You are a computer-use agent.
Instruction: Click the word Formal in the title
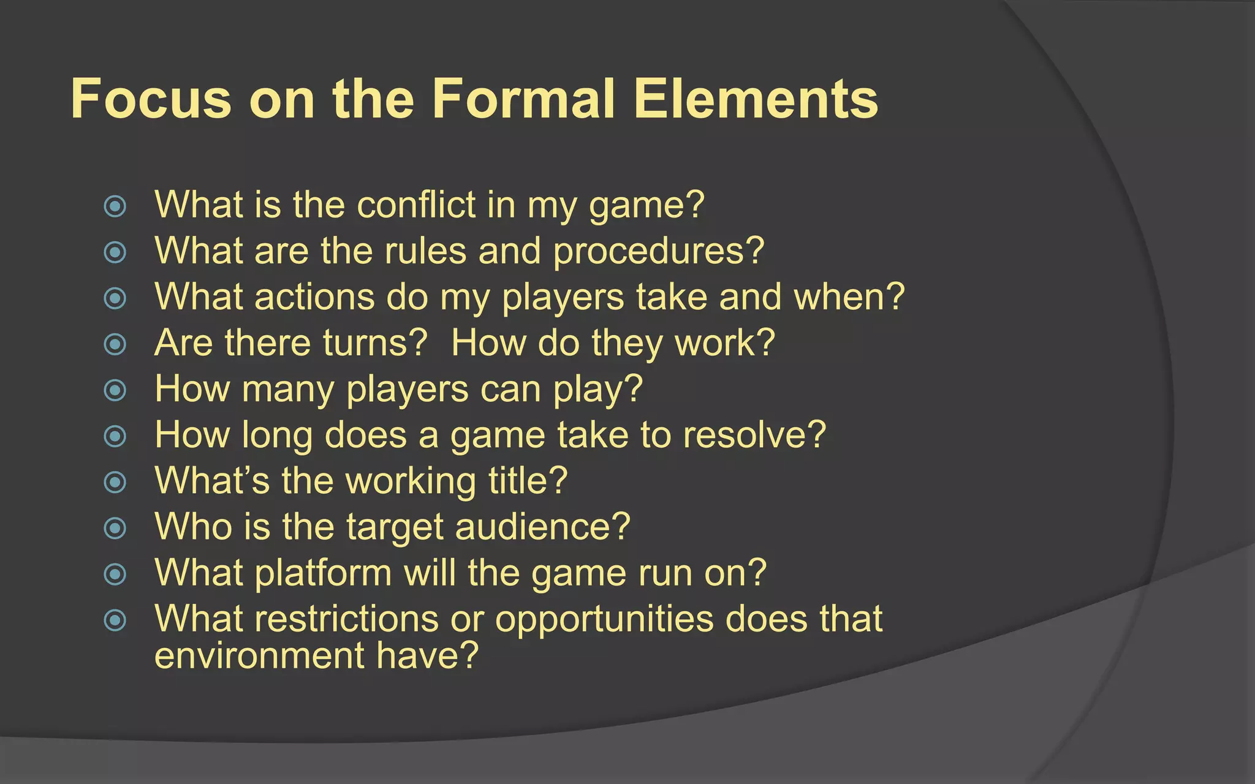coord(523,99)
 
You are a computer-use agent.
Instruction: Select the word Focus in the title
coord(151,99)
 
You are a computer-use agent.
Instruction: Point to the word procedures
coord(658,251)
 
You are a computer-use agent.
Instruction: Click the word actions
coord(314,297)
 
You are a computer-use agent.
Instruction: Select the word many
coord(288,390)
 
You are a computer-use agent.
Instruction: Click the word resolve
coord(754,435)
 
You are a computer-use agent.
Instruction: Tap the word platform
coord(323,573)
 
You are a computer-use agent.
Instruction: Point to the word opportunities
coord(604,620)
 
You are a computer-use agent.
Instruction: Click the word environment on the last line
coord(259,655)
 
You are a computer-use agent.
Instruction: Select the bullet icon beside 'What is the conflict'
coord(115,206)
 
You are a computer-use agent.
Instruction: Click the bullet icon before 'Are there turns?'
coord(115,344)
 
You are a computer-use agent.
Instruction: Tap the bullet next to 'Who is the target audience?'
coord(115,528)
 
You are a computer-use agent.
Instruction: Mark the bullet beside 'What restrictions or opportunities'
coord(115,620)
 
